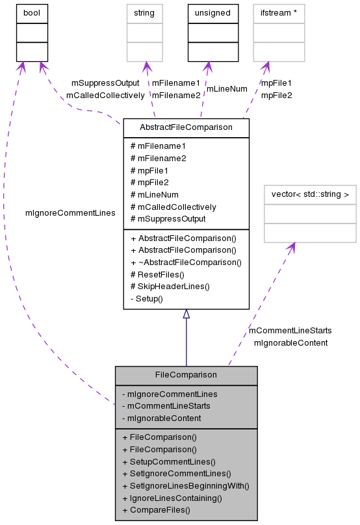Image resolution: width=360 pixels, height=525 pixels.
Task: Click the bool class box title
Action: tap(32, 12)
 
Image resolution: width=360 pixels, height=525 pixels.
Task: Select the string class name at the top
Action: tap(145, 12)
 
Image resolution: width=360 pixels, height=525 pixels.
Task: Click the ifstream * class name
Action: tap(279, 12)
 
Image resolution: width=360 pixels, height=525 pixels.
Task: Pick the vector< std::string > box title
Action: tap(310, 194)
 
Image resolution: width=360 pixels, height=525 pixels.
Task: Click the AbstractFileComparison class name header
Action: tap(186, 127)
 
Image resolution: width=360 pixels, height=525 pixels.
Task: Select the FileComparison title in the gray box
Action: tap(186, 375)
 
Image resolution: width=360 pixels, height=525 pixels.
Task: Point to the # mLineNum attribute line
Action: tap(155, 194)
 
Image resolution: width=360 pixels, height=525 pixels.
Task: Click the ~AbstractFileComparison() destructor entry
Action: tap(186, 262)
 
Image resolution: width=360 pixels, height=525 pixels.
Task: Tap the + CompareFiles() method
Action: tap(156, 510)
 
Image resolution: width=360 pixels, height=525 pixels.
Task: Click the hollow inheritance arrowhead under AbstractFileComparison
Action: tap(186, 314)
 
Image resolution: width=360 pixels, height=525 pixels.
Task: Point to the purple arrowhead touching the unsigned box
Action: tap(207, 66)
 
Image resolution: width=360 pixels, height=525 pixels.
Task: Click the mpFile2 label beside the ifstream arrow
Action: tap(276, 96)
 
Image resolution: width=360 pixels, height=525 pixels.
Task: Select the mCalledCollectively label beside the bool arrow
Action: tap(105, 96)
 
